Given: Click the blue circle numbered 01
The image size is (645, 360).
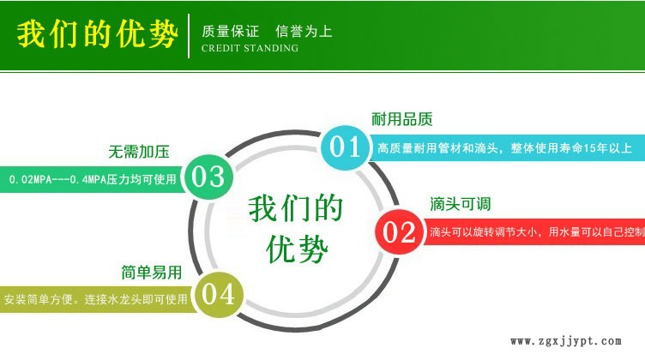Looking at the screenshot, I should click(x=344, y=147).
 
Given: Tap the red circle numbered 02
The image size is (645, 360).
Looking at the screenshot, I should click(x=398, y=231).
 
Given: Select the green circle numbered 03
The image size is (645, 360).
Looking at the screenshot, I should click(x=208, y=177).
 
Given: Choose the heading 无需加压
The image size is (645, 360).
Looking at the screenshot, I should click(x=138, y=152).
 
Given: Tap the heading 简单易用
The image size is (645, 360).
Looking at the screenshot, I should click(x=151, y=273).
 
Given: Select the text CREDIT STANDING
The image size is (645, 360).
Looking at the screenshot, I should click(x=250, y=48).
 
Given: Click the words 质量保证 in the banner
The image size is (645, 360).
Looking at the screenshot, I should click(x=229, y=31).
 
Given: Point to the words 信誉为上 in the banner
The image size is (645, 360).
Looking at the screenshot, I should click(x=304, y=31).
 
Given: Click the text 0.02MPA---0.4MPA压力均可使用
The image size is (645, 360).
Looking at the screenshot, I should click(x=92, y=180).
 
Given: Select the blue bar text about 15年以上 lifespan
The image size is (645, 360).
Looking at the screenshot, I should click(x=503, y=147).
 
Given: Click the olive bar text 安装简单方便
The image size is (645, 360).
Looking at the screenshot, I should click(x=94, y=300).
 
